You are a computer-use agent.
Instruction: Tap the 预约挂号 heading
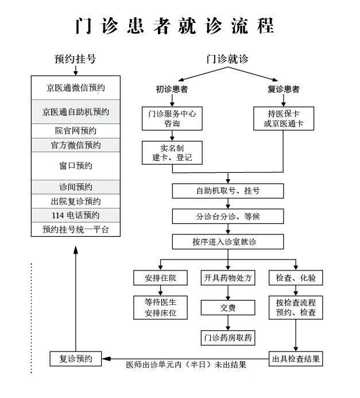75,59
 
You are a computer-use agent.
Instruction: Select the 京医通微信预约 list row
76,88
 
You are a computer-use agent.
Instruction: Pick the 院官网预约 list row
76,130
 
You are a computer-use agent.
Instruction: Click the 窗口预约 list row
76,165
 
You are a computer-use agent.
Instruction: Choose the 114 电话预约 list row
76,215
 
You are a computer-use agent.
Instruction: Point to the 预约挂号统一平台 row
76,230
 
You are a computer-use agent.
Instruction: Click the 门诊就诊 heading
227,59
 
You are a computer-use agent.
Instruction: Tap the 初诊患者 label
172,90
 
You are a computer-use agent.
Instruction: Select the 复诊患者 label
284,90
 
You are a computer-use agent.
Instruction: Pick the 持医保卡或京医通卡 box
284,118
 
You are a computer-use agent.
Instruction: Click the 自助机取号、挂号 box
228,191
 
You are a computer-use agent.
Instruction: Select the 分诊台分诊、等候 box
228,216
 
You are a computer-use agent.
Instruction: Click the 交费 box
228,308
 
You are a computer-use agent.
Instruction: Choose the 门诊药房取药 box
228,337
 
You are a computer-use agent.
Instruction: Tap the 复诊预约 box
76,359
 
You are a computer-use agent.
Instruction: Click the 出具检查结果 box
296,359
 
